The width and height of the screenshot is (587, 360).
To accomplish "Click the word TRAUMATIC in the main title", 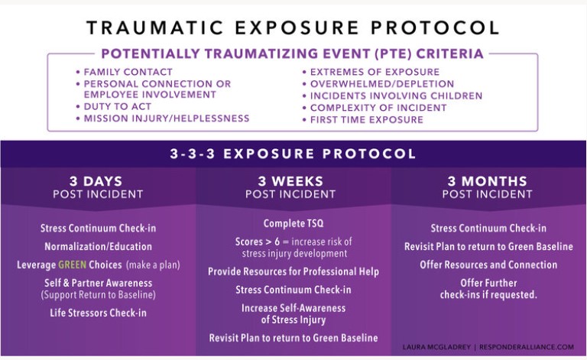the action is pos(155,28).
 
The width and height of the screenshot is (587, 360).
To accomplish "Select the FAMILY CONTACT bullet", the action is pos(128,72).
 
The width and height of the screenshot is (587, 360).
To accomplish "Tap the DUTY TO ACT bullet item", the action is pos(117,107).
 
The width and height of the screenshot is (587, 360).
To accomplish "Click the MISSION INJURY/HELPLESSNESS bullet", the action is pos(167,118).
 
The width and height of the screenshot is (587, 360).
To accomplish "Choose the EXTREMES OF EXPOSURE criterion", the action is pos(375,72).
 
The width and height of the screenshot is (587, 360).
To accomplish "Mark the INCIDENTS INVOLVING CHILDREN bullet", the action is pos(396,96).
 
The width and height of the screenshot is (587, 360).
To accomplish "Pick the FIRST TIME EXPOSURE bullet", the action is pos(367,120).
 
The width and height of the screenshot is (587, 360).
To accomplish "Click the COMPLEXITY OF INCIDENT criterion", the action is pos(378,108).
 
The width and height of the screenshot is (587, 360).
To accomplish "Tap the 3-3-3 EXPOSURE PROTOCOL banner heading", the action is pos(293,154).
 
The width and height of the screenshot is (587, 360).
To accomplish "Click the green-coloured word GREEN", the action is pos(73,265).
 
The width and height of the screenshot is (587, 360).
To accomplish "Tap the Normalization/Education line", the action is pos(98,247).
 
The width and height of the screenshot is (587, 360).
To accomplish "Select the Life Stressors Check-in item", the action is pos(98,313).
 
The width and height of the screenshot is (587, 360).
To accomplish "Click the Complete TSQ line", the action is pos(293,223).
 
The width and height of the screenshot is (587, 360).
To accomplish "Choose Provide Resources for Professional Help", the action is pos(293,271).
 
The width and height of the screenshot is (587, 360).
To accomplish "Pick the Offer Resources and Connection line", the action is pos(488,265).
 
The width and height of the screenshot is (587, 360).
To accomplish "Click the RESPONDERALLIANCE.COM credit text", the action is pos(527,347).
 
